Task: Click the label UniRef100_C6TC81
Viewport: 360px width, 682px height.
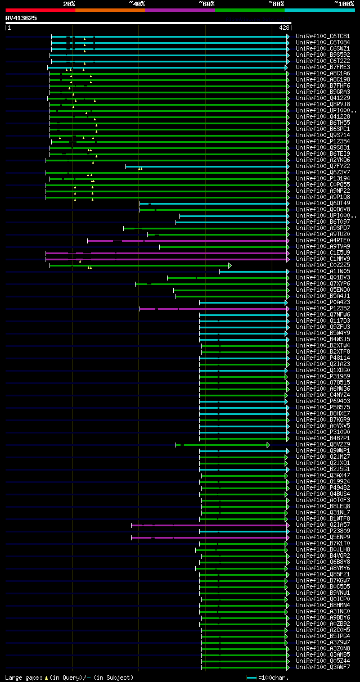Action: tap(323, 36)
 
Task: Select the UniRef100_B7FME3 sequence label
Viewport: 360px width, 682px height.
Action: tap(323, 67)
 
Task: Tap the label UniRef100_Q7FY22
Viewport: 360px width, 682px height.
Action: tap(323, 166)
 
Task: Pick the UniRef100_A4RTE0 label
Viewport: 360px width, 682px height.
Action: tap(323, 240)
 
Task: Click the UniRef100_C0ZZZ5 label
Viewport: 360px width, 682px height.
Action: tap(323, 265)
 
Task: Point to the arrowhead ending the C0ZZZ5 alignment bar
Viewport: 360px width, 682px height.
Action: tap(230, 265)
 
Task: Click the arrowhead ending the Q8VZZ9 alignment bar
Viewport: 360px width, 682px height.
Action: tap(268, 445)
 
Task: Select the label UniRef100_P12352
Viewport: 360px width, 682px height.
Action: tap(323, 308)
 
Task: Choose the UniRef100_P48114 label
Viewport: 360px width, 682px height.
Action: tap(323, 358)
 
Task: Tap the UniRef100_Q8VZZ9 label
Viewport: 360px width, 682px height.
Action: tap(323, 444)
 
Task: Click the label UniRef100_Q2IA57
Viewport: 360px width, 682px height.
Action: tap(323, 525)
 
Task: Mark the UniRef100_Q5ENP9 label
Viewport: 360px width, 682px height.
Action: tap(323, 537)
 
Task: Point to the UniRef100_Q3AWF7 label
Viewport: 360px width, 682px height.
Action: tap(323, 667)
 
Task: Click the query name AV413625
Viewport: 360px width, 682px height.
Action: tap(21, 18)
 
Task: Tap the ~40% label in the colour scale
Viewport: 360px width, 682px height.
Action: tap(137, 3)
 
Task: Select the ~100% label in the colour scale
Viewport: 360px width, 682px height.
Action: tap(344, 3)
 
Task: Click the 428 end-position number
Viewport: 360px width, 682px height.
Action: tap(283, 28)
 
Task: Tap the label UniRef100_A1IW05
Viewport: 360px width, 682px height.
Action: tap(323, 271)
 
